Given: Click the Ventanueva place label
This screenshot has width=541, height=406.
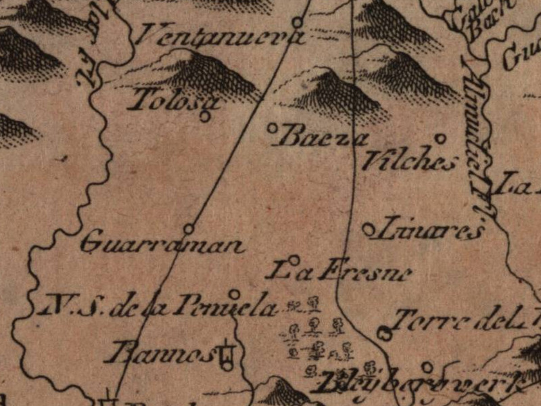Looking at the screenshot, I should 215,35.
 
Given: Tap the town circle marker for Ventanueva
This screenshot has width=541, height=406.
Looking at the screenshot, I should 296,22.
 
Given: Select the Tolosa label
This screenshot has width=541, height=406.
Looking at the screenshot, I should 174,101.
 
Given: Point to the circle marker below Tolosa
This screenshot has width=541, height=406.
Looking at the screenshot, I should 205,116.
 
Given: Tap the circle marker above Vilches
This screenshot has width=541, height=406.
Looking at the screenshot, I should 440,139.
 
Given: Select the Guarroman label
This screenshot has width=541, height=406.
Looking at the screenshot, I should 162,243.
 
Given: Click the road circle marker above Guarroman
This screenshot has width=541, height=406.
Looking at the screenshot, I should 189,228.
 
